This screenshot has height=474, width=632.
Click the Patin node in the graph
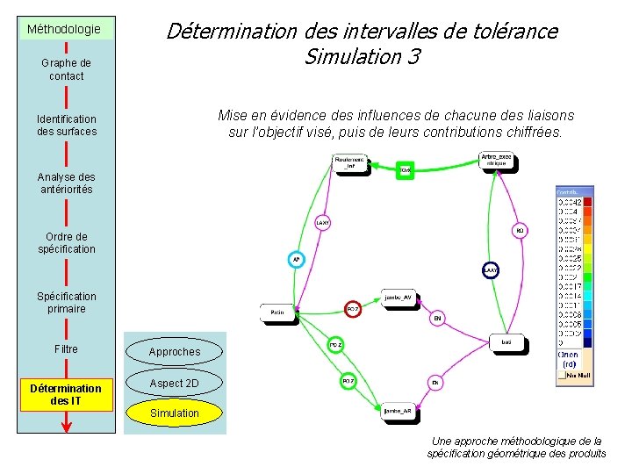tap(277, 312)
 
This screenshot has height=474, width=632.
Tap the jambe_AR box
tap(397, 410)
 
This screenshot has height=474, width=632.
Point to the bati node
tap(506, 342)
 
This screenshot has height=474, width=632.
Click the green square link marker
tap(405, 169)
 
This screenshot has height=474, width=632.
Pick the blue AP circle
tap(297, 260)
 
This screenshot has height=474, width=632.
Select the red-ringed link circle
tap(352, 309)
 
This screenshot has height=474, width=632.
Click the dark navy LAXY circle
tap(491, 270)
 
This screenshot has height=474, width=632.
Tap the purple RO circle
tap(520, 231)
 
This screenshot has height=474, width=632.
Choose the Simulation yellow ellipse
tap(175, 413)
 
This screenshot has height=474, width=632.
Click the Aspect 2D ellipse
tap(175, 384)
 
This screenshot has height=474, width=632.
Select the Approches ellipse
tap(175, 352)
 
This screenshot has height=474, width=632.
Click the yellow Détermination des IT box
tap(66, 395)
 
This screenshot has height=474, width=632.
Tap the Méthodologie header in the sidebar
tap(64, 29)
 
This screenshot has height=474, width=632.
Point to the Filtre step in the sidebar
tap(66, 349)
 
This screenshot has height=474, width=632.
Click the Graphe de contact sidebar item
tap(66, 70)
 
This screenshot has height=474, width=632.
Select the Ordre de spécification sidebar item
tap(66, 243)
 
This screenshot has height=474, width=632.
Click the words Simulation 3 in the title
tap(362, 58)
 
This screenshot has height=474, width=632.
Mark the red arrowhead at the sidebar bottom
tap(67, 427)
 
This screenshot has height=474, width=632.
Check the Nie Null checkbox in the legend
tap(563, 375)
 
